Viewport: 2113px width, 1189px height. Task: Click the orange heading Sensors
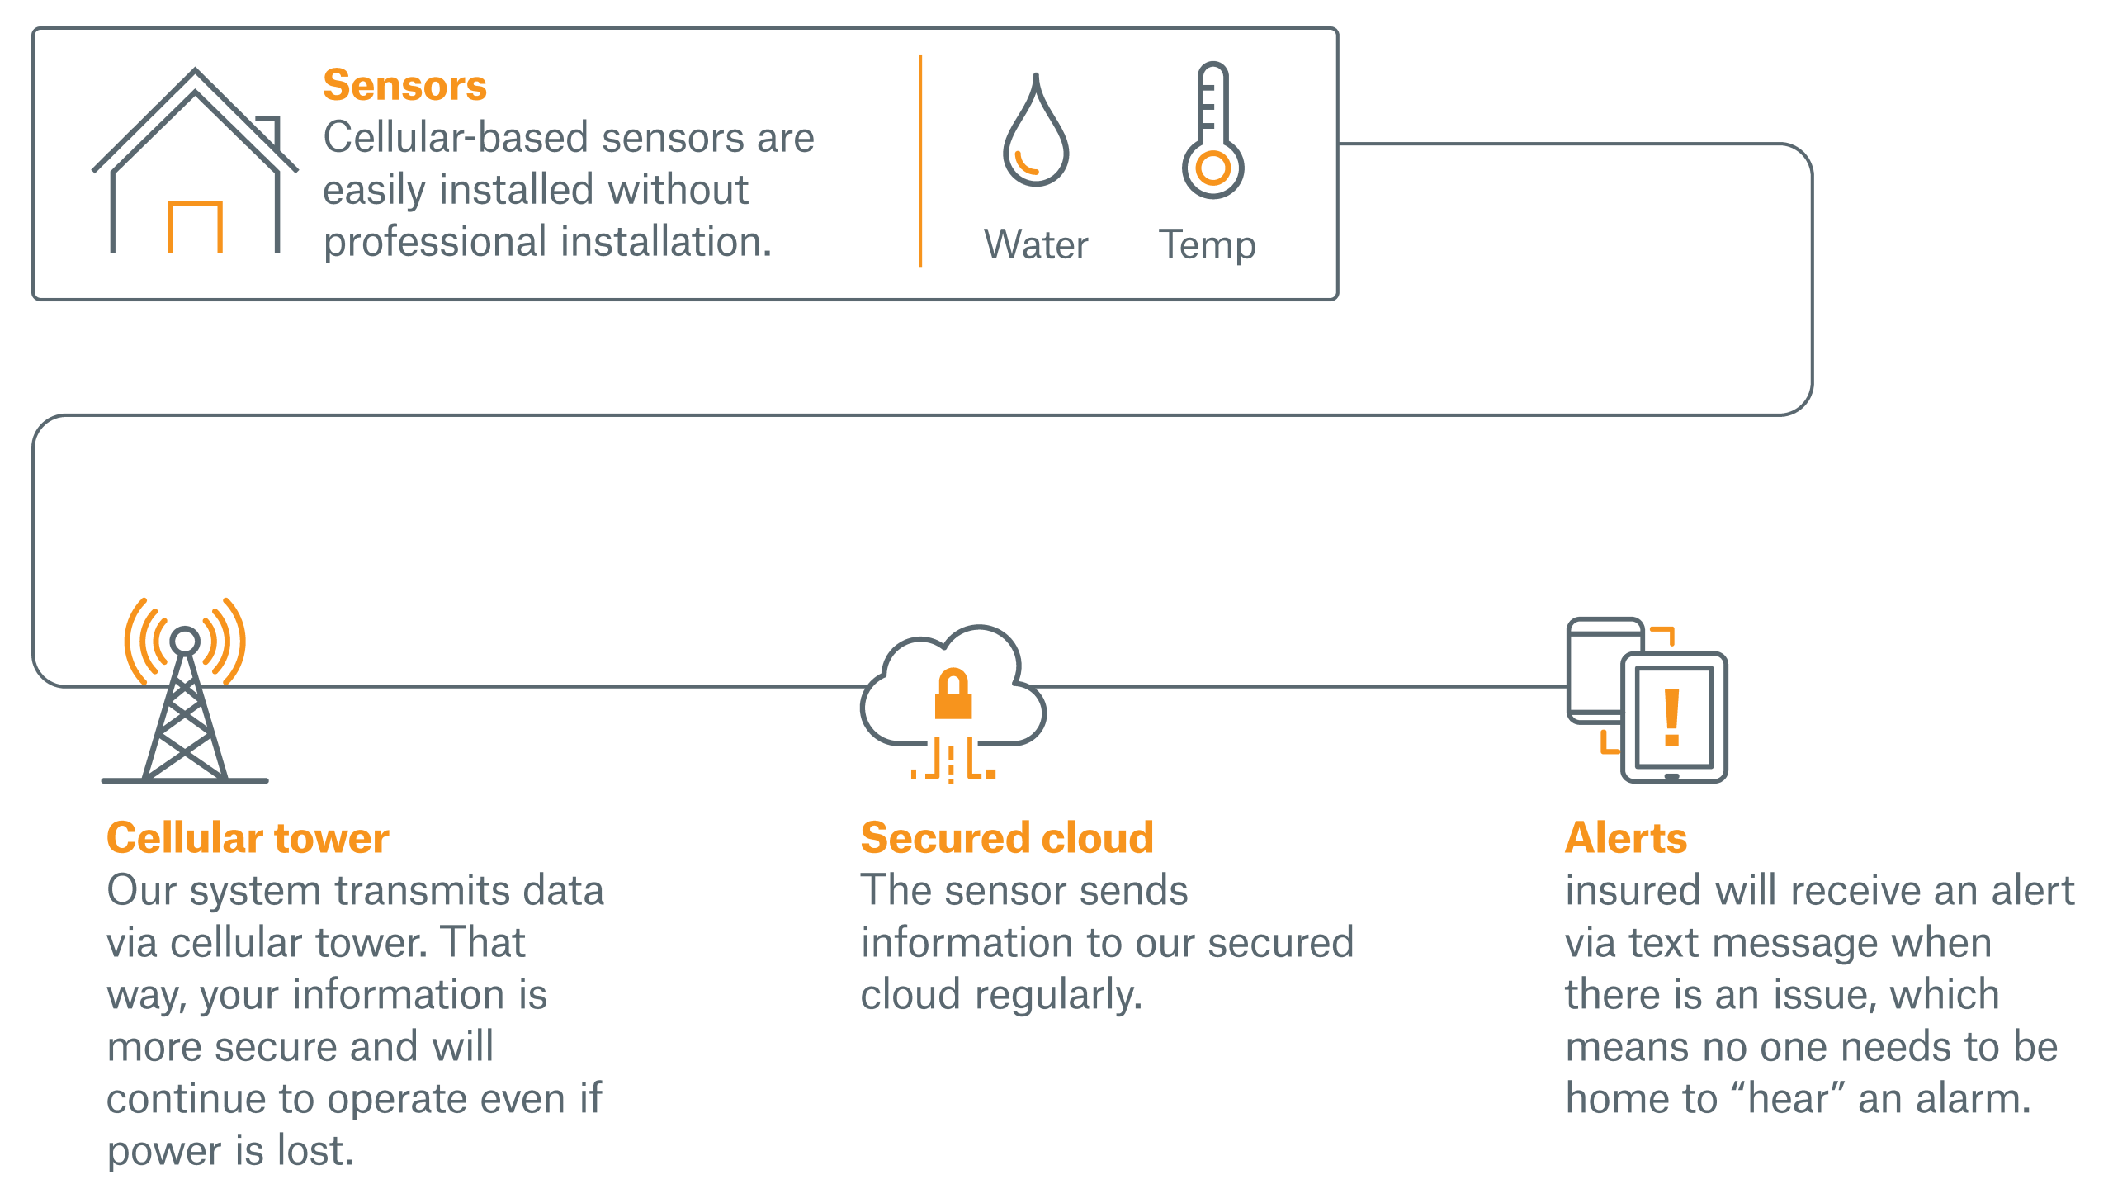(404, 86)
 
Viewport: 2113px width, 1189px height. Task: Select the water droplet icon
(1036, 136)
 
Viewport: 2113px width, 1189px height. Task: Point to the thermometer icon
(1212, 132)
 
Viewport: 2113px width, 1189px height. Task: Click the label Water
(1036, 245)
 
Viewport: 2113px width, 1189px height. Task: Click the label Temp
(1207, 245)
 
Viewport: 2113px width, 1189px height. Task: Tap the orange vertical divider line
(920, 161)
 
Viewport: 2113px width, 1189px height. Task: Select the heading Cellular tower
(248, 838)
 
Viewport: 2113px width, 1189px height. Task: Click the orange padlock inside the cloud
(953, 695)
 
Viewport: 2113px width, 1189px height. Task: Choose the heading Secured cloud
(1007, 838)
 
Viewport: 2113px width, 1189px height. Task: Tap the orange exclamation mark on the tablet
(1672, 717)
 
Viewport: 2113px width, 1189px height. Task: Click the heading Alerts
(1626, 838)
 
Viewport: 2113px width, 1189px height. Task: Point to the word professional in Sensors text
(436, 243)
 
